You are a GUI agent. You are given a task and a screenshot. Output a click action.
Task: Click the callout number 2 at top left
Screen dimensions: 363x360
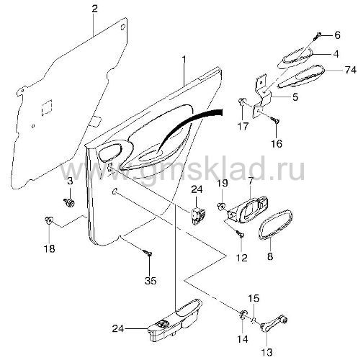(94, 9)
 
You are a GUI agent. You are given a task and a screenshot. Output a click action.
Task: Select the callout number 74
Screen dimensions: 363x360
(350, 70)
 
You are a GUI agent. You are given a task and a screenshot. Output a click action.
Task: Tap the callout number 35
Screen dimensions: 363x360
(151, 280)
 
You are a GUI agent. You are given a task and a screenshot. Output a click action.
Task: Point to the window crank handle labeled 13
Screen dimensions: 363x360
(274, 323)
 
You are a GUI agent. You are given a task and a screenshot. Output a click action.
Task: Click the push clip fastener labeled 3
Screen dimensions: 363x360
(69, 203)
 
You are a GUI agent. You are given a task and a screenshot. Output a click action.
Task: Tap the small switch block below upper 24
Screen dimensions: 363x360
(198, 215)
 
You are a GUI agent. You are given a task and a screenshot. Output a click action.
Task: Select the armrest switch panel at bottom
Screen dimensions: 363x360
(175, 321)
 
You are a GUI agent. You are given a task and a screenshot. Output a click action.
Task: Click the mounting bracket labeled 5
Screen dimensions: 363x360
(262, 96)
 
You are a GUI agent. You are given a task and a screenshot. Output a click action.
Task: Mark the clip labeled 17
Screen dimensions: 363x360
(242, 102)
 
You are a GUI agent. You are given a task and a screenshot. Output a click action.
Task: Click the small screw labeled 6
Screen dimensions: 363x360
(318, 36)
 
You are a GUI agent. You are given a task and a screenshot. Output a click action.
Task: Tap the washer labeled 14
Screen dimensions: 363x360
(243, 314)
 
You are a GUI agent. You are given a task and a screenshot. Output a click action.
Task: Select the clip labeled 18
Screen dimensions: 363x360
(49, 220)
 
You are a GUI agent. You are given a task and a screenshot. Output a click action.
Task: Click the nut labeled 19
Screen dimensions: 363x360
(221, 206)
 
